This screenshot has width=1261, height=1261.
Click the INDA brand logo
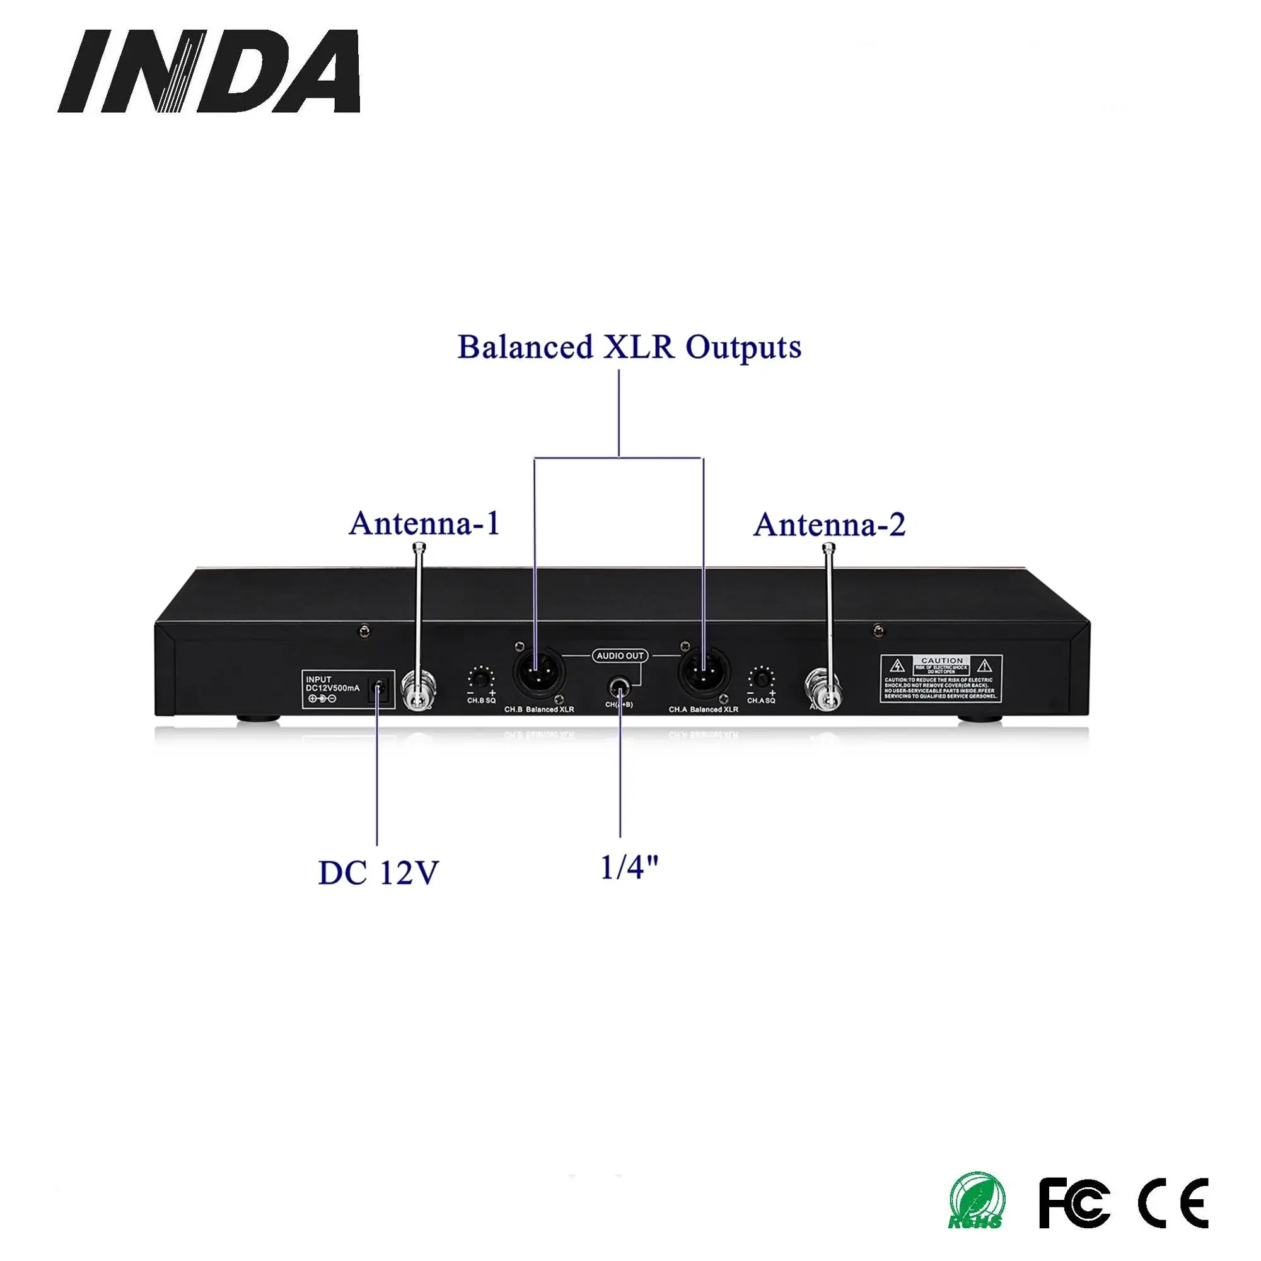[x=209, y=71]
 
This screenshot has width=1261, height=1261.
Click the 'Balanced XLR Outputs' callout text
[x=629, y=347]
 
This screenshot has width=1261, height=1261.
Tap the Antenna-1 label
[x=424, y=523]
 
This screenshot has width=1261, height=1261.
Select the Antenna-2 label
[x=830, y=525]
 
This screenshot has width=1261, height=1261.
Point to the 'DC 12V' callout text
[x=378, y=873]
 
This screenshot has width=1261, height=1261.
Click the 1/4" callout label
[x=629, y=868]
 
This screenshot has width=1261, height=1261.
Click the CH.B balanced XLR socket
[x=539, y=673]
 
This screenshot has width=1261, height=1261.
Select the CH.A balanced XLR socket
[x=704, y=673]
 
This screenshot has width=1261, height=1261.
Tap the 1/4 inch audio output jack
[x=619, y=688]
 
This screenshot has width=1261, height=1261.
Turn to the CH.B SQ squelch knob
[x=481, y=678]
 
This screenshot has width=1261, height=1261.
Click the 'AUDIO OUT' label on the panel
[x=620, y=655]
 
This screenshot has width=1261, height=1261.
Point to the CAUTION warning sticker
[x=941, y=679]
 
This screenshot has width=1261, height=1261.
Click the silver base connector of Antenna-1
[x=418, y=692]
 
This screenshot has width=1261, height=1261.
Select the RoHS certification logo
[x=977, y=1201]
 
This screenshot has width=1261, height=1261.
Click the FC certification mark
[x=1074, y=1202]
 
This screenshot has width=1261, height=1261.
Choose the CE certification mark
[x=1173, y=1202]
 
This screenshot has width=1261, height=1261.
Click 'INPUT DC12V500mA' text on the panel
[x=332, y=684]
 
